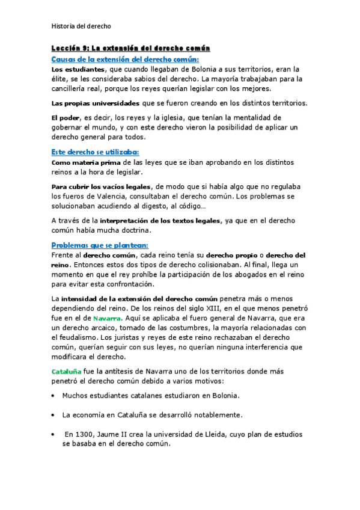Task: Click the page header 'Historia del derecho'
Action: point(81,26)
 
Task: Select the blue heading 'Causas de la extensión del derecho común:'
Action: point(125,59)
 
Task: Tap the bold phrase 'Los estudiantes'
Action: point(75,70)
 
